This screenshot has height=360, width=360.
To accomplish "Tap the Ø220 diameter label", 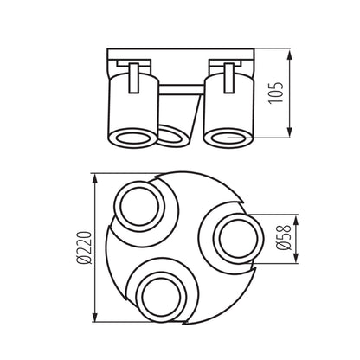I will (x=82, y=247).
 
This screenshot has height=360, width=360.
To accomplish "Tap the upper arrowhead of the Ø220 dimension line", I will (x=93, y=177).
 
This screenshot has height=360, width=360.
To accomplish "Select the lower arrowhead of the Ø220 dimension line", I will (x=93, y=317).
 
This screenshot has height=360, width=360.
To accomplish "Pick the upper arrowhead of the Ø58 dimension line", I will (x=297, y=216).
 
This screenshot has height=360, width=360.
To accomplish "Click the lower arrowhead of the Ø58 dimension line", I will (x=297, y=257).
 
